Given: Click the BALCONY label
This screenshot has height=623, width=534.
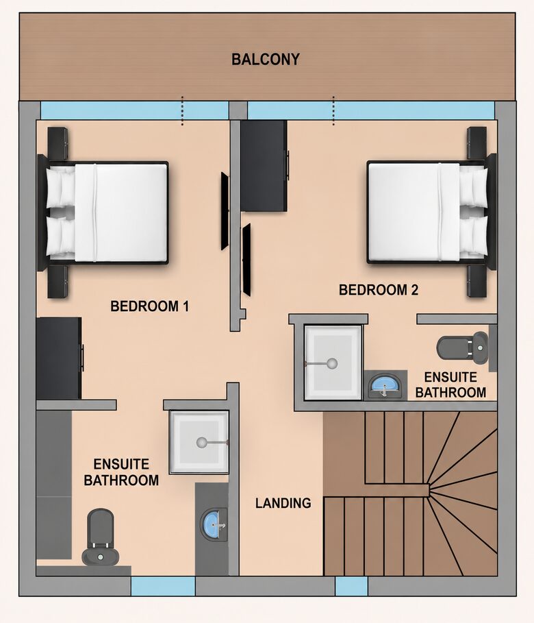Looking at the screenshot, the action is (x=265, y=60).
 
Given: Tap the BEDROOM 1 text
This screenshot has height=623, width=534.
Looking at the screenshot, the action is (x=150, y=306).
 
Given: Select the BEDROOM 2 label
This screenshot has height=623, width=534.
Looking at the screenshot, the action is (x=379, y=290).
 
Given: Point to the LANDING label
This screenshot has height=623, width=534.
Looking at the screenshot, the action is (x=283, y=503).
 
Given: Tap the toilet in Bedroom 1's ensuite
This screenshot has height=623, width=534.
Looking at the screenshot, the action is (x=101, y=537).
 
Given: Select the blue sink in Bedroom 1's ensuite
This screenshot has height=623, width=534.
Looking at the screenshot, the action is (x=214, y=524).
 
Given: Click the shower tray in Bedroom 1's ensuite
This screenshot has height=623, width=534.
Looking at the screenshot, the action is (x=199, y=442).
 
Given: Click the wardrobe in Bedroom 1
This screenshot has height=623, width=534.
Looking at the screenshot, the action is (x=59, y=358).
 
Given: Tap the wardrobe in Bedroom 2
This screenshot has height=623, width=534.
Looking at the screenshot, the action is (x=264, y=166).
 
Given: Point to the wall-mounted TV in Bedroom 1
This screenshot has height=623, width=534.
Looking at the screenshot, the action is (x=225, y=211).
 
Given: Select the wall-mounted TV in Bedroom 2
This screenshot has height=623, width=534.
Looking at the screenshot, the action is (x=246, y=260).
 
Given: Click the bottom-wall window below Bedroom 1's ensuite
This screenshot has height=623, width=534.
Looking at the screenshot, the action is (x=163, y=586).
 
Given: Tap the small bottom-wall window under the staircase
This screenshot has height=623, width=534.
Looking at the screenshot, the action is (x=351, y=586).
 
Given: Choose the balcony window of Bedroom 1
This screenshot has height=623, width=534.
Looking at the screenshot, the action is (x=135, y=110).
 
